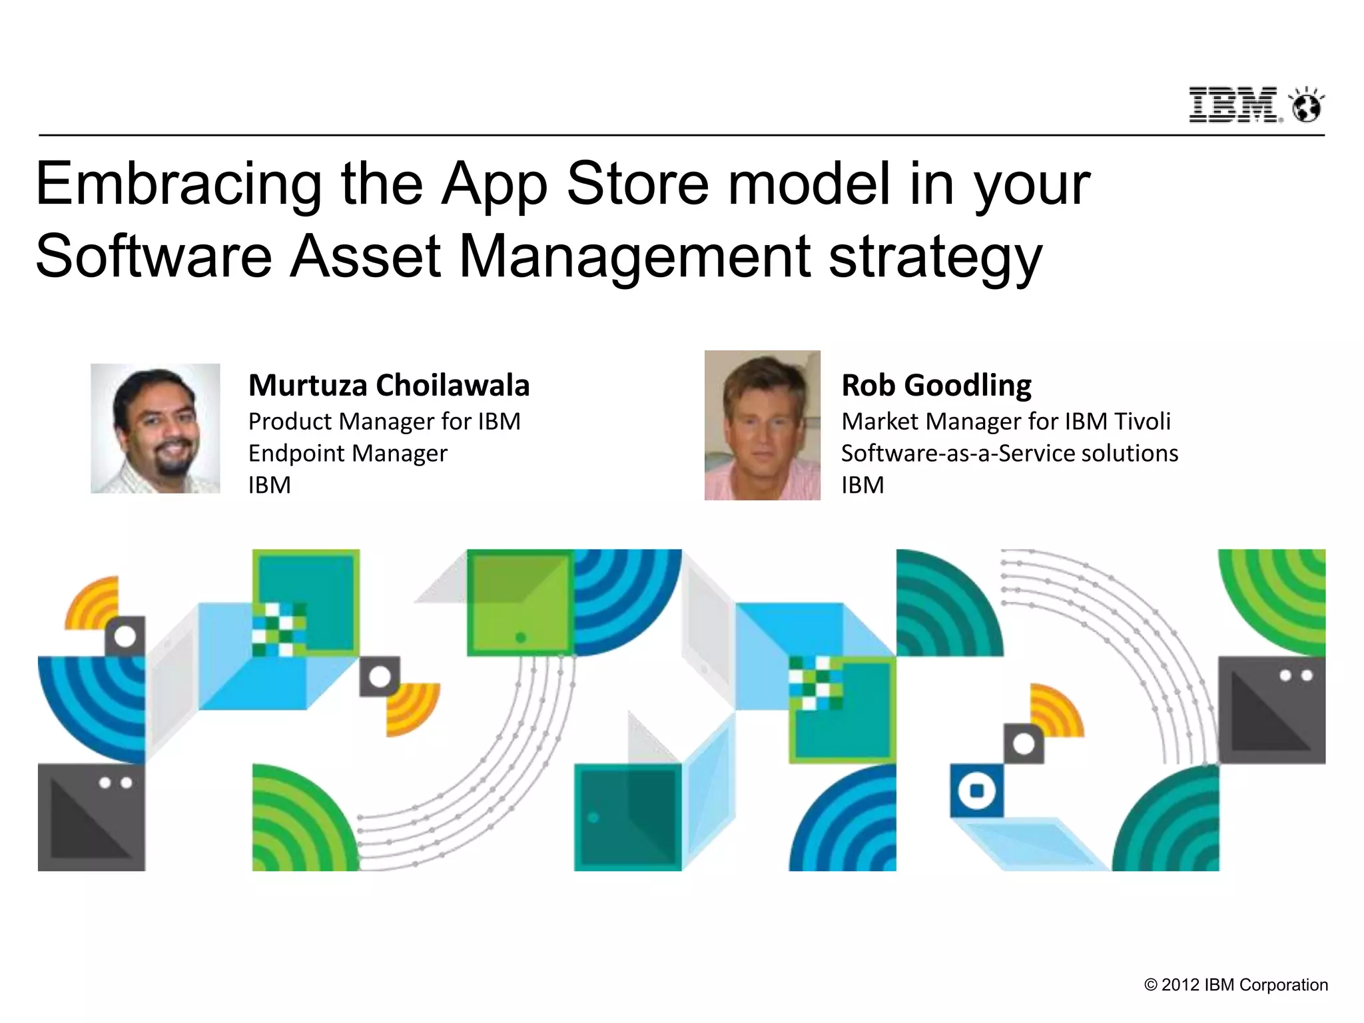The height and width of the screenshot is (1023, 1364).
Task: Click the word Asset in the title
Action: (x=365, y=256)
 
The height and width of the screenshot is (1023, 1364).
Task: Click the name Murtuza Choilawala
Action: (x=389, y=386)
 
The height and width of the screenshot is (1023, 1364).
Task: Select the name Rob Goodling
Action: (x=936, y=386)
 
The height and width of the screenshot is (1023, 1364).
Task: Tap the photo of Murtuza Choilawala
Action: (x=155, y=428)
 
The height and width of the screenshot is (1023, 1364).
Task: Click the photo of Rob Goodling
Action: (x=762, y=426)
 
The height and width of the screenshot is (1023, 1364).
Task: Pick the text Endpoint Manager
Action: (x=348, y=454)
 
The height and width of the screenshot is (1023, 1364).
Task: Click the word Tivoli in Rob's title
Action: (x=1142, y=422)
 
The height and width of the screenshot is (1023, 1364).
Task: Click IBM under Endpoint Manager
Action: (x=270, y=486)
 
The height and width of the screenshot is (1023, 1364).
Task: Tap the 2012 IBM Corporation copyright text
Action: (x=1236, y=985)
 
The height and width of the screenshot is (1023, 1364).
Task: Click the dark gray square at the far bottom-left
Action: (x=91, y=817)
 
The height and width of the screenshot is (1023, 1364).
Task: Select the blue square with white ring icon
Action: (x=976, y=791)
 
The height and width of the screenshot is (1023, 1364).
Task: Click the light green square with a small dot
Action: (x=520, y=603)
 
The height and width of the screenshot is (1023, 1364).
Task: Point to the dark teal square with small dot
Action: (x=627, y=817)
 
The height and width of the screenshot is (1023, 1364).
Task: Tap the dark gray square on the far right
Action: (x=1271, y=710)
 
